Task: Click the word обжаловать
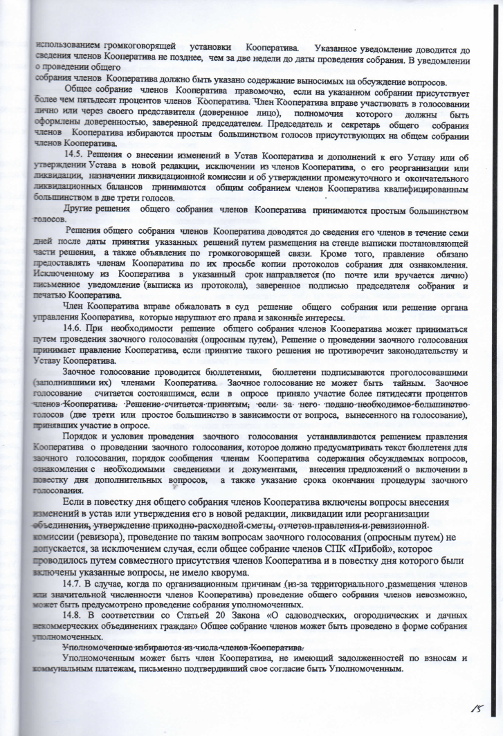(x=172, y=305)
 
